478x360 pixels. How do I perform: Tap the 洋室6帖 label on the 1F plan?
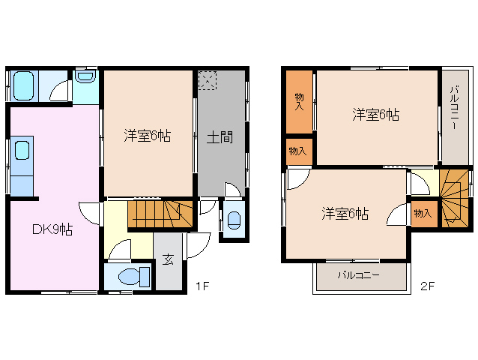(x=147, y=136)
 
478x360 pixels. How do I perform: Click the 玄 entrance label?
(x=168, y=260)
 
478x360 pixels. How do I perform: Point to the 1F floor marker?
(x=202, y=285)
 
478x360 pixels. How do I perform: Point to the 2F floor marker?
(x=427, y=285)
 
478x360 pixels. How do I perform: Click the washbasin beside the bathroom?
(x=84, y=77)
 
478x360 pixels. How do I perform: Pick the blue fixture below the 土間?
(x=234, y=220)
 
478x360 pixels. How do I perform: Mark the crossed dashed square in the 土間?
(x=208, y=80)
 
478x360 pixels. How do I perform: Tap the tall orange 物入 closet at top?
(x=299, y=101)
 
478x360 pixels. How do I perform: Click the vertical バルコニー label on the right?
(x=454, y=109)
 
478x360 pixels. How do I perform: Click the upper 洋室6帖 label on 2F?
(x=375, y=115)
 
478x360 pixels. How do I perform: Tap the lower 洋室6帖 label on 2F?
(x=345, y=214)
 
